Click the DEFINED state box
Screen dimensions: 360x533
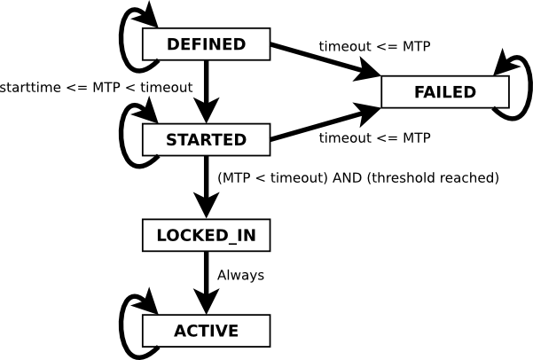[206, 44]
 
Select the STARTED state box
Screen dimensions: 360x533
[206, 139]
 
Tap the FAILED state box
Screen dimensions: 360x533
[444, 92]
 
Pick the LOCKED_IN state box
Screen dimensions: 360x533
[206, 235]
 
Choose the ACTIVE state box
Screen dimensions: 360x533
[206, 331]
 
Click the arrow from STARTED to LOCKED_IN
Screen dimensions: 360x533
[206, 186]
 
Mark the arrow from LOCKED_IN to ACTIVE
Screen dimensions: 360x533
[206, 282]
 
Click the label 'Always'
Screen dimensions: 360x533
[240, 275]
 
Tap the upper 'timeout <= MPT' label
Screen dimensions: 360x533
[374, 46]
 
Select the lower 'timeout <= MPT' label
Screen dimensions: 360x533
[374, 138]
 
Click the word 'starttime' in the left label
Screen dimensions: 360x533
[29, 86]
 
